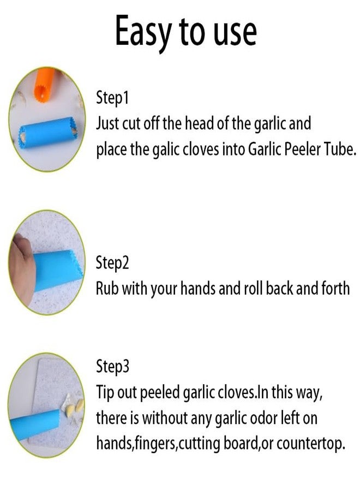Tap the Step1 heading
(x=112, y=98)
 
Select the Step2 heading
(x=112, y=263)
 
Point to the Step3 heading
(x=112, y=367)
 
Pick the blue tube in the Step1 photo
(x=47, y=132)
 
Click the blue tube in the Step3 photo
(x=34, y=424)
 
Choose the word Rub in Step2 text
(x=107, y=288)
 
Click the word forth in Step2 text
(x=334, y=288)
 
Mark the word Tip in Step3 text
(x=105, y=393)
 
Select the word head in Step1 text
(x=200, y=123)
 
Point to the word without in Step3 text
(x=164, y=418)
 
